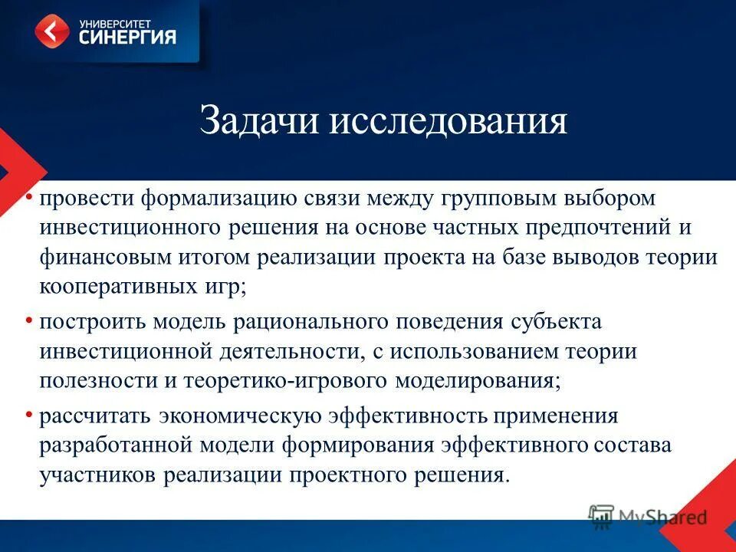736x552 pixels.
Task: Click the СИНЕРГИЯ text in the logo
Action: [127, 37]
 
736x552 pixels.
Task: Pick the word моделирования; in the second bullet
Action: [478, 379]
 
